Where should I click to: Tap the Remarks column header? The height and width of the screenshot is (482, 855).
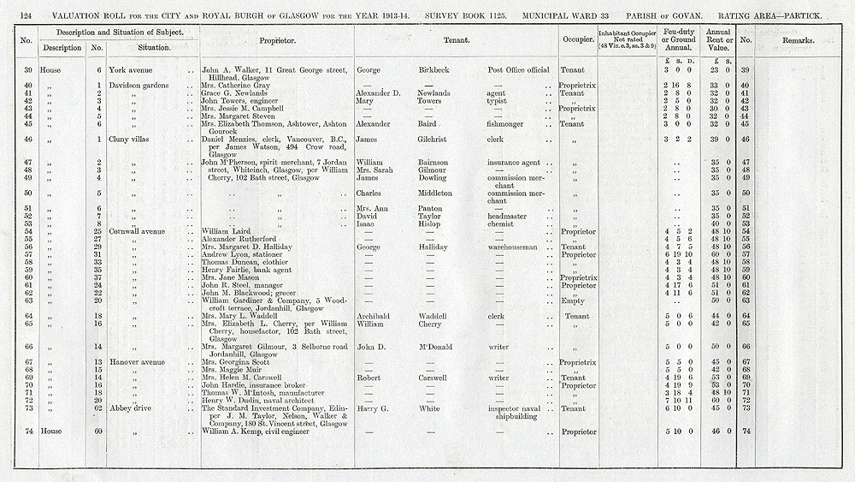[802, 40]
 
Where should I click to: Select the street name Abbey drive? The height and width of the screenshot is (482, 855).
[127, 408]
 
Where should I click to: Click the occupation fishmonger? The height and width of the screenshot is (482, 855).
[513, 123]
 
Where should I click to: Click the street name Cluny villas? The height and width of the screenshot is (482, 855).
[127, 139]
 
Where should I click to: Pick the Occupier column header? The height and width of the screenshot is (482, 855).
[578, 40]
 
